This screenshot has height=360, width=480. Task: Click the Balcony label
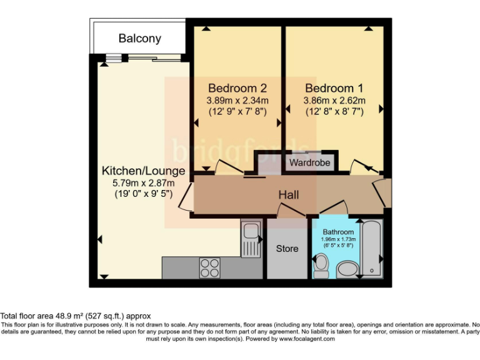140,39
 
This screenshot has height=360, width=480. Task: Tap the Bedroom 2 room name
237,88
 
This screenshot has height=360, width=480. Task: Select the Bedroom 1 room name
334,88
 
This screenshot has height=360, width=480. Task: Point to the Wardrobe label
309,164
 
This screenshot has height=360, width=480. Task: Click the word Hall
289,196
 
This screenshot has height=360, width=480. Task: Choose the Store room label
287,249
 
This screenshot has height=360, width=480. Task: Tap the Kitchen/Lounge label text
144,171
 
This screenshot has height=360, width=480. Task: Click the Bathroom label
339,232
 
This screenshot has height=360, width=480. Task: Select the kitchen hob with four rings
210,267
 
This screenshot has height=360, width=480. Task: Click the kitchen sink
251,237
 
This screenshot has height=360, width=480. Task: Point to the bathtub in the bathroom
371,249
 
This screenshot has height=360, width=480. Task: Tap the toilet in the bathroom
321,267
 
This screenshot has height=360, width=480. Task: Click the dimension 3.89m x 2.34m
237,101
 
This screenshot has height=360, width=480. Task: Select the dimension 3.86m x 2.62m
334,101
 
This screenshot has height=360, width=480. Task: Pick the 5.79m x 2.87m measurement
143,183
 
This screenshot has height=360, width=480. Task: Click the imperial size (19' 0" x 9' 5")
143,194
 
